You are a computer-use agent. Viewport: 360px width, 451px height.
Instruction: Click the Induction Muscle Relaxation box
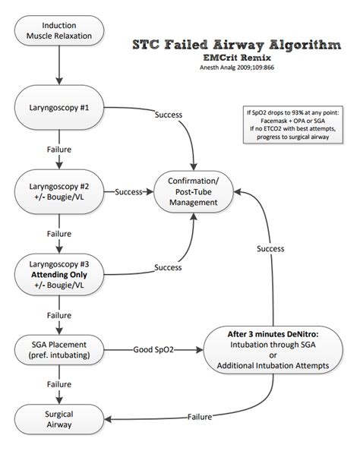pos(58,31)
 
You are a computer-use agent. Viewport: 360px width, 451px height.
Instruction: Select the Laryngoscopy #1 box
pos(58,106)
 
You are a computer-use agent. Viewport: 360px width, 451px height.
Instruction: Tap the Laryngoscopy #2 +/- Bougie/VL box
pos(58,191)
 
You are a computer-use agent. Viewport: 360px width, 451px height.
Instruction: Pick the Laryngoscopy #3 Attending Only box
pos(58,274)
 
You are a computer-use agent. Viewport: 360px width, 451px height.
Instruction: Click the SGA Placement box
pos(58,350)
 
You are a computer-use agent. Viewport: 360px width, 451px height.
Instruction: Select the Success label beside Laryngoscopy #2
pos(131,191)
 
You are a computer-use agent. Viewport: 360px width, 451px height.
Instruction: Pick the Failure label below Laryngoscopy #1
pos(58,150)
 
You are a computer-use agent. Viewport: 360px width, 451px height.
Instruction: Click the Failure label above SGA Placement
pos(58,314)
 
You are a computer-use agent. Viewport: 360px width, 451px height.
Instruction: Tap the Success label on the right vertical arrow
pos(270,248)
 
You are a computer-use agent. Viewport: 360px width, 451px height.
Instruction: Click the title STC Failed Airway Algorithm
pos(236,45)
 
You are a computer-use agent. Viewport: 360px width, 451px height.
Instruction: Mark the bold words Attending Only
pos(58,274)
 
